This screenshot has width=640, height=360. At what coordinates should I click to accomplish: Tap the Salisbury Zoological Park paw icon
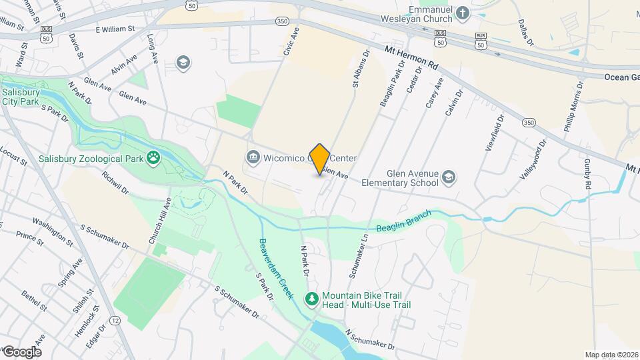[x=154, y=159]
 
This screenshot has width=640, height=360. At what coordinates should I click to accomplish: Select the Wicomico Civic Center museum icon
[x=253, y=158]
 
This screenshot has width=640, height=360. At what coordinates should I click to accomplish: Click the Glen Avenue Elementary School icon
[x=449, y=177]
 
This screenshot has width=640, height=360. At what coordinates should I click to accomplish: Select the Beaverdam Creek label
[x=275, y=269]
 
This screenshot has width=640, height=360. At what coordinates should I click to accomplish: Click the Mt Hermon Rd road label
[x=411, y=57]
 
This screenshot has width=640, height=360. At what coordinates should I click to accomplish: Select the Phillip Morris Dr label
[x=573, y=107]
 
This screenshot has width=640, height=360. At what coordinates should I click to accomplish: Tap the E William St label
[x=115, y=29]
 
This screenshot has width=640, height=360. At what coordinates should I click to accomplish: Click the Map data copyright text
[x=610, y=355]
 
